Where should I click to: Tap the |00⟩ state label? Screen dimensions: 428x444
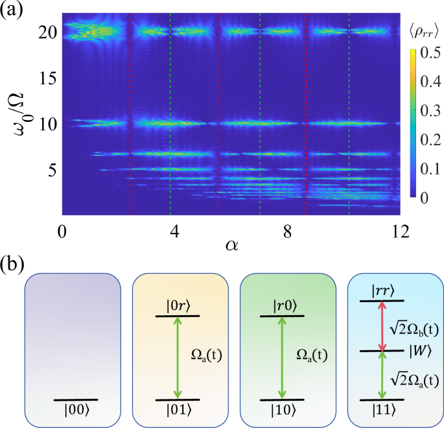76,412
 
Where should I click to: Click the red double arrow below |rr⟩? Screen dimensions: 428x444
382,326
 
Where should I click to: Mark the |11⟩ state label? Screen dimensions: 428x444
384,412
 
